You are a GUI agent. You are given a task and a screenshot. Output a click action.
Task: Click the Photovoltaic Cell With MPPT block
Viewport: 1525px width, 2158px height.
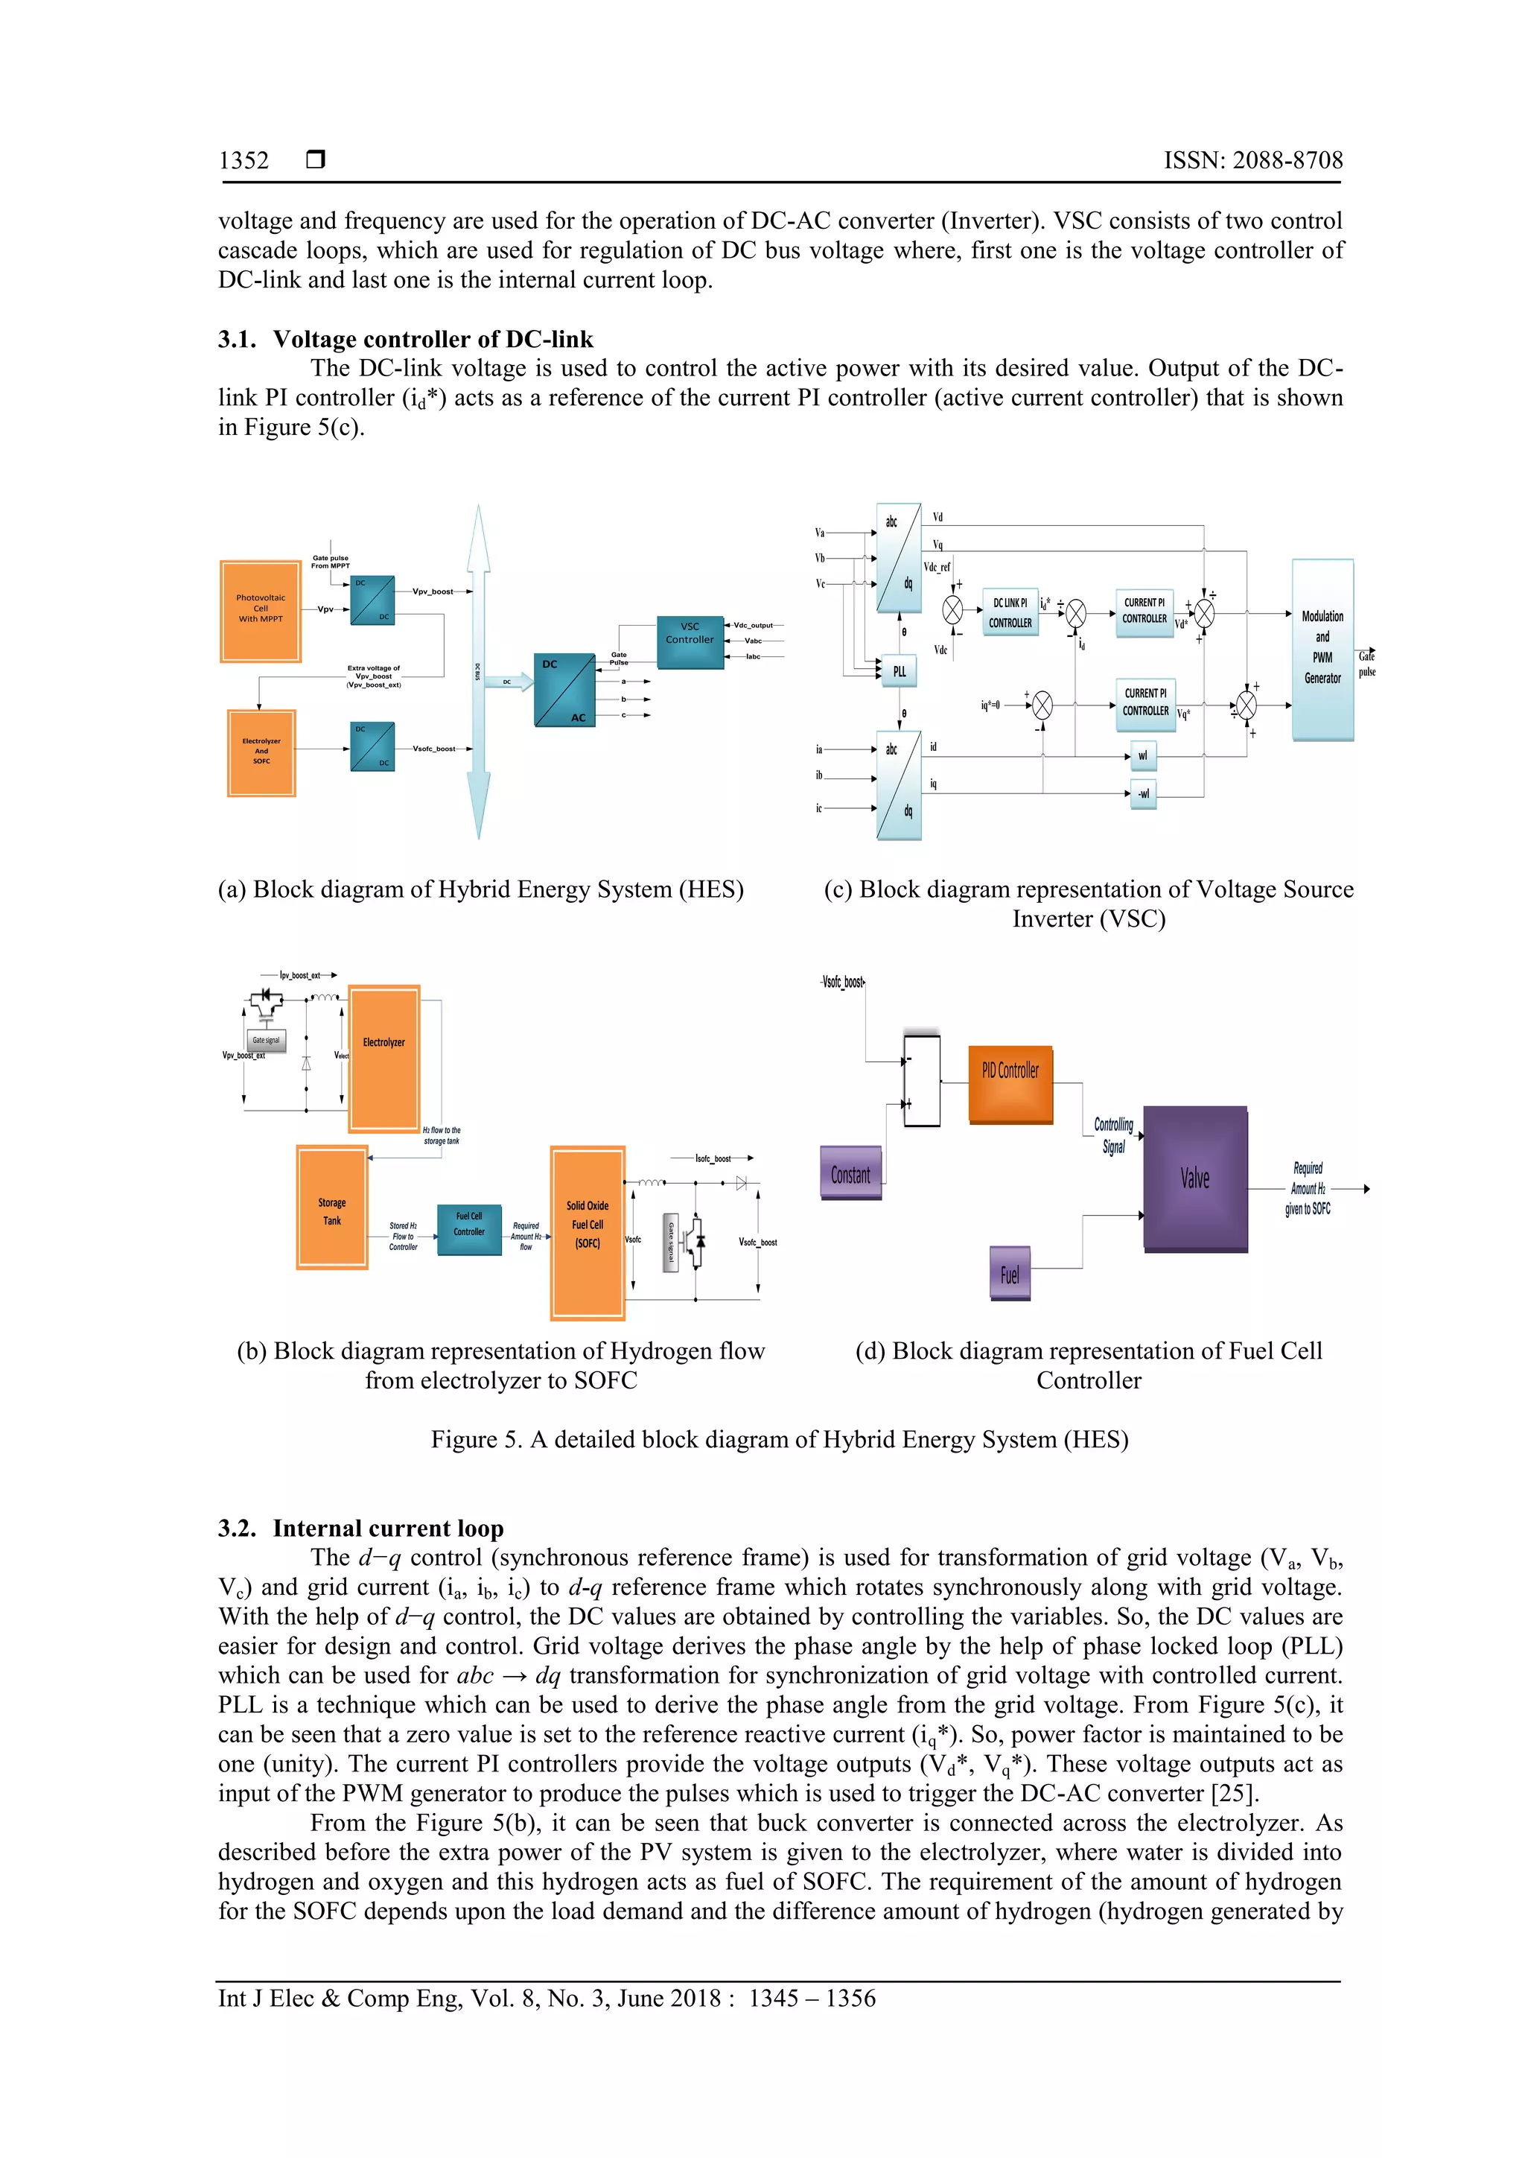[261, 611]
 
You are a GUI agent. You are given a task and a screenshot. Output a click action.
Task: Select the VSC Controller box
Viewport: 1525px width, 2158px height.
[690, 643]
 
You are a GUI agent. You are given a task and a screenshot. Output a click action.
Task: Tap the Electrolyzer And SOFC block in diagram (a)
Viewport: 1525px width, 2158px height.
[261, 752]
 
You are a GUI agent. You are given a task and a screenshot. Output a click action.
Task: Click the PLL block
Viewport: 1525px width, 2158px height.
[900, 671]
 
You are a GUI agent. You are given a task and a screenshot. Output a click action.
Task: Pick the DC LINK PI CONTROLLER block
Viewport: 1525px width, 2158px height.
[1010, 612]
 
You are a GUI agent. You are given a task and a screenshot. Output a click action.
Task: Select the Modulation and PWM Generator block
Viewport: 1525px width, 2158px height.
[1322, 649]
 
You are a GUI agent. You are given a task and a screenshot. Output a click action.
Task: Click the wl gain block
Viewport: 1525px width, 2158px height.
[1142, 755]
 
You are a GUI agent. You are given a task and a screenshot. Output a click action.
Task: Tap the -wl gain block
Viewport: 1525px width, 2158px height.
[1142, 793]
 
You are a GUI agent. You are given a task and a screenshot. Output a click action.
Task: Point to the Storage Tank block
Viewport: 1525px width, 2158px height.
[331, 1207]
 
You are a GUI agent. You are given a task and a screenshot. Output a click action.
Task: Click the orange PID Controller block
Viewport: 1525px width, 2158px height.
[1010, 1084]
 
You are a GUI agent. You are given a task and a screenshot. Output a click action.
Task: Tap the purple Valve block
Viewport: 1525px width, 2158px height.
[1195, 1178]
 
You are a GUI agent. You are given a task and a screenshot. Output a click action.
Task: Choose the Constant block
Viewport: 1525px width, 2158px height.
[850, 1173]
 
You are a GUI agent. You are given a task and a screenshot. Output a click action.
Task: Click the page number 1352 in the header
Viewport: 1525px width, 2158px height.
[243, 161]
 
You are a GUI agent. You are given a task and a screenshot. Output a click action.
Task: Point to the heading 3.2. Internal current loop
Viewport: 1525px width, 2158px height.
[361, 1529]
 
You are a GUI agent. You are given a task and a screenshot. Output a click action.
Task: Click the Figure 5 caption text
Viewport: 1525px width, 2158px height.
[779, 1440]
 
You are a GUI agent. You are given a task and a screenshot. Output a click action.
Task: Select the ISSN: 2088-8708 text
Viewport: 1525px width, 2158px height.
[1252, 161]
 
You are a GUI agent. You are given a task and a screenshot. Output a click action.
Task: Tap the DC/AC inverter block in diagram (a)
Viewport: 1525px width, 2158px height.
[564, 690]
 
